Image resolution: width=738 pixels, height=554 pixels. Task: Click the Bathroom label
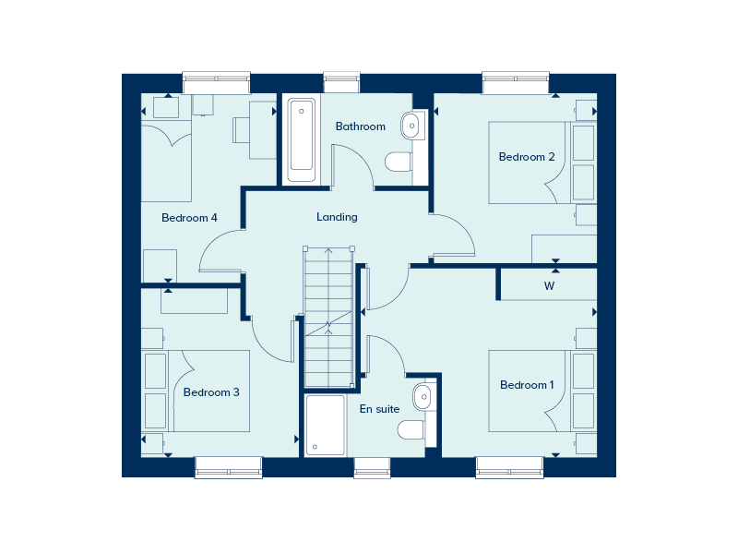click(x=360, y=126)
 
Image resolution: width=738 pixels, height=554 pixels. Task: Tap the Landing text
click(x=337, y=217)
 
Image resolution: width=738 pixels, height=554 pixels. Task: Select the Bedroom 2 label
click(x=527, y=156)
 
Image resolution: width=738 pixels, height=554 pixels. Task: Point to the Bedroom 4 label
click(x=189, y=218)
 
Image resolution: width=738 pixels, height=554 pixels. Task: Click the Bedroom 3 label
click(x=211, y=391)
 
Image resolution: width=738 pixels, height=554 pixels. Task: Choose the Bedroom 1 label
click(x=527, y=385)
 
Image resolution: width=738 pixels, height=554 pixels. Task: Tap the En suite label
click(x=379, y=409)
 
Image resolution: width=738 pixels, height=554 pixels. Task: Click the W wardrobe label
click(x=549, y=286)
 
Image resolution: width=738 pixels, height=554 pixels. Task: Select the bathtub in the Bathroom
click(x=302, y=140)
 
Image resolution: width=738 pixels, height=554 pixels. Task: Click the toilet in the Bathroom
click(x=399, y=163)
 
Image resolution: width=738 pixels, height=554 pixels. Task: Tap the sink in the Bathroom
click(x=411, y=126)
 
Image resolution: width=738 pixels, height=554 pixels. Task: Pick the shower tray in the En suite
click(x=325, y=426)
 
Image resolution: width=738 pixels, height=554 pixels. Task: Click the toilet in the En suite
click(x=411, y=429)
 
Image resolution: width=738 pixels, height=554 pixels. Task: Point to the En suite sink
click(x=423, y=397)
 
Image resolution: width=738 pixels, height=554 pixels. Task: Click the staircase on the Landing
click(x=328, y=318)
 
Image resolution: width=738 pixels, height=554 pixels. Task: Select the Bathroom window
click(x=341, y=83)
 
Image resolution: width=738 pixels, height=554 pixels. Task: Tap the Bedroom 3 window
click(x=228, y=467)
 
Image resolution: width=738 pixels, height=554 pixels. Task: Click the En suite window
click(x=373, y=467)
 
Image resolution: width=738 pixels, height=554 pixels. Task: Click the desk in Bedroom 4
click(x=263, y=130)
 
